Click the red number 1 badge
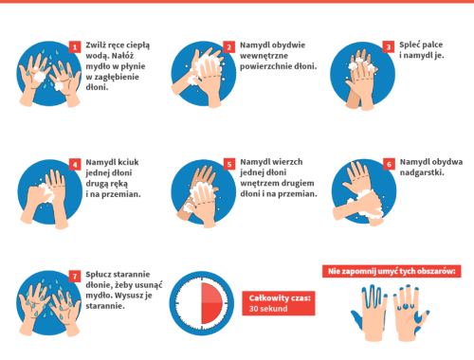(x=75, y=47)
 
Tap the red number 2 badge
(x=229, y=47)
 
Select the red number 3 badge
(x=389, y=47)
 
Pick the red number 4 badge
(x=75, y=165)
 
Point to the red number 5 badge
(x=229, y=164)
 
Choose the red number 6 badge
(x=389, y=164)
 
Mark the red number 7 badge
(x=75, y=277)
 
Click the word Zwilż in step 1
(x=96, y=45)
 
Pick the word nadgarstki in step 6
(x=422, y=172)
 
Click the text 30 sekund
(x=268, y=309)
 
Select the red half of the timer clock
(x=212, y=303)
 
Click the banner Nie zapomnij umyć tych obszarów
(x=392, y=271)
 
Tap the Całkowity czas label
(x=280, y=298)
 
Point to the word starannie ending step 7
(x=105, y=306)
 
